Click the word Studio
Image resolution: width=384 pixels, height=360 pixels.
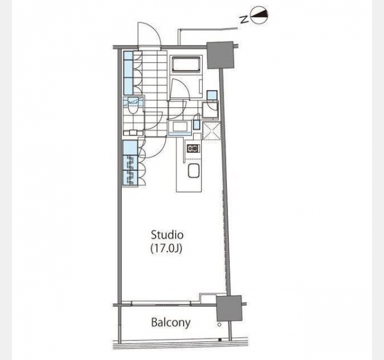click(x=167, y=235)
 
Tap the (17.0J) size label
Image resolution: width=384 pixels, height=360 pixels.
click(x=166, y=248)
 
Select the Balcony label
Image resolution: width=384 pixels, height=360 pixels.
click(x=170, y=322)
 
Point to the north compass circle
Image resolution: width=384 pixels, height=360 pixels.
click(x=260, y=15)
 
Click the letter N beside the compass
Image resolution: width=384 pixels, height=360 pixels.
click(x=244, y=20)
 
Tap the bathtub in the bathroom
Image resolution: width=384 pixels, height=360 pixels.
click(x=186, y=64)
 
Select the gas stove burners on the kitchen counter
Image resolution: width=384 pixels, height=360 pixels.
click(x=193, y=148)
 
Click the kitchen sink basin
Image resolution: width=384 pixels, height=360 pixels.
click(x=194, y=170)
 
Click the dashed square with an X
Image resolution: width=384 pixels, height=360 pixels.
click(x=212, y=131)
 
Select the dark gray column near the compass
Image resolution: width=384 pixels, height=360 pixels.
click(x=220, y=55)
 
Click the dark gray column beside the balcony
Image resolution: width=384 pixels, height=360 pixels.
click(x=229, y=308)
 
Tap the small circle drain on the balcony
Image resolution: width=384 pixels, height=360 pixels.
click(x=220, y=325)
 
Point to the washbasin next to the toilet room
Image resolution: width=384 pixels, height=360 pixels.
click(x=180, y=127)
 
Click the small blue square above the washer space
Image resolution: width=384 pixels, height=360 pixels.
click(x=212, y=95)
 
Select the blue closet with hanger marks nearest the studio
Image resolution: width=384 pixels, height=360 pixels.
click(x=130, y=178)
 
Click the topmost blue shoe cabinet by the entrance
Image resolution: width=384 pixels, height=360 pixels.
click(x=128, y=55)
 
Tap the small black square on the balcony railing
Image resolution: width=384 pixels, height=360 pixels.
click(x=220, y=340)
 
